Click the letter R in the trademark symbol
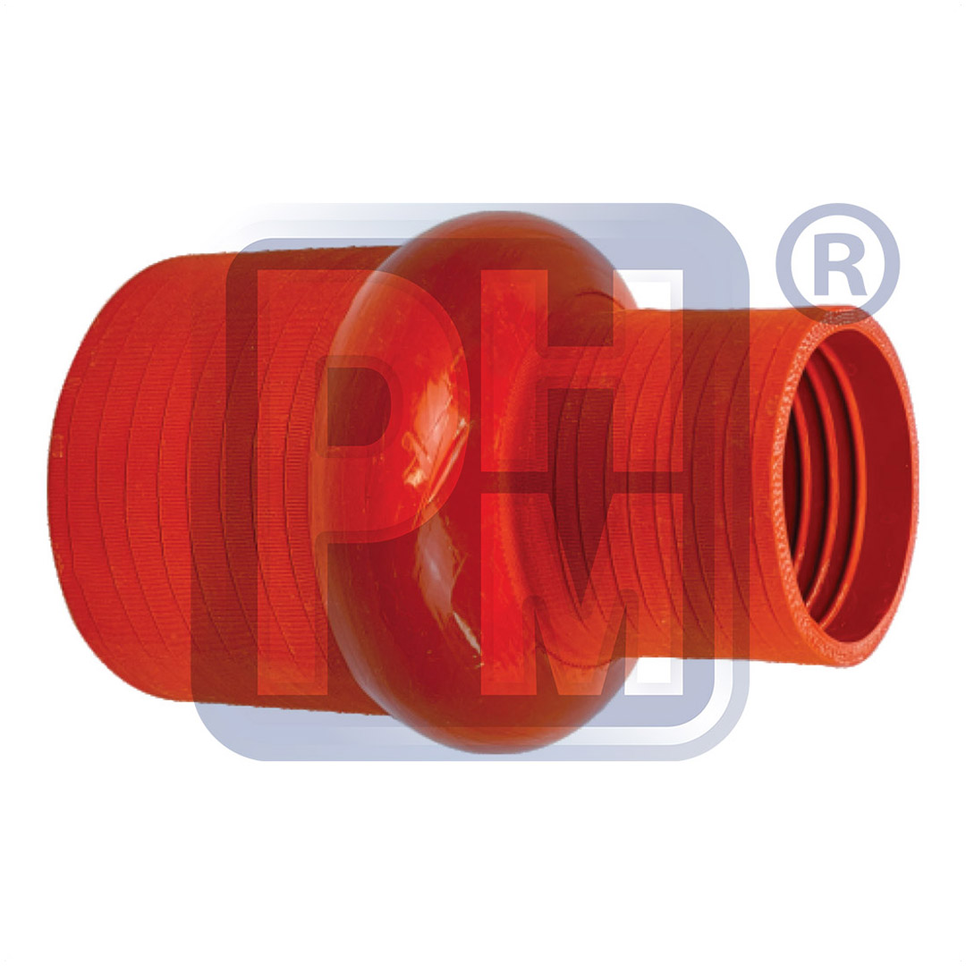point(839,266)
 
